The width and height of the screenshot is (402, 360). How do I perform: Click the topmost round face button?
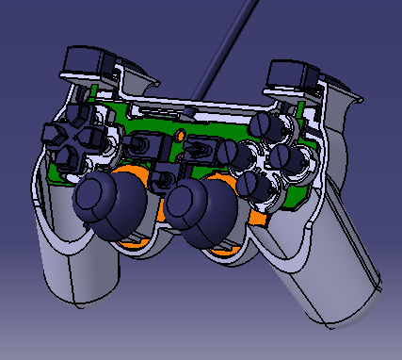[x=265, y=124]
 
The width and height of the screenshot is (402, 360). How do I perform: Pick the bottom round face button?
[x=257, y=186]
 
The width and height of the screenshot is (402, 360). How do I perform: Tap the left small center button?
[x=141, y=147]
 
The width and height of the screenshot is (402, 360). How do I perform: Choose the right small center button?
[x=199, y=149]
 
